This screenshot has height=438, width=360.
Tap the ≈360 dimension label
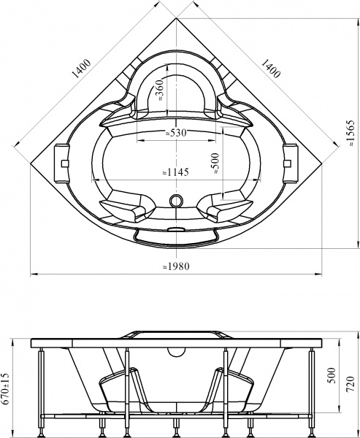point(158,91)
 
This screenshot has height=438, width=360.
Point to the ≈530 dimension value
point(175,133)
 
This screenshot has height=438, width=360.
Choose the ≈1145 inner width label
point(175,172)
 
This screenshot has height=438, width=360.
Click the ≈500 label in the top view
point(215,161)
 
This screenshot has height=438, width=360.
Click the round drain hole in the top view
point(175,199)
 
